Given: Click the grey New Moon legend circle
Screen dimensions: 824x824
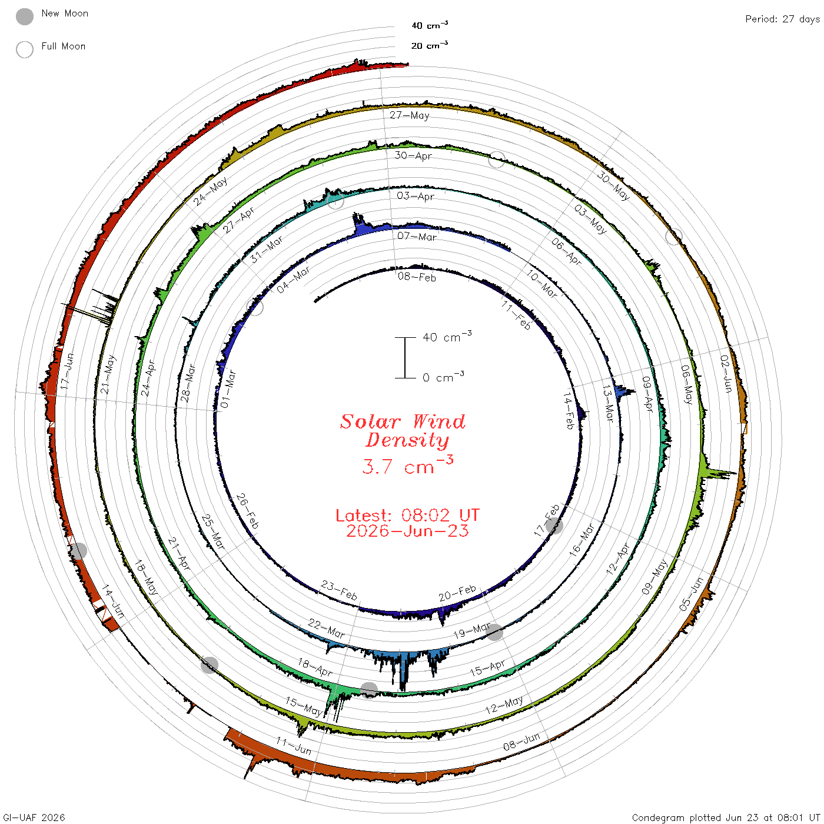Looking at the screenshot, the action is [x=25, y=16].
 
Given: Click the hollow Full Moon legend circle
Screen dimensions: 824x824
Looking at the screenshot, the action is [x=25, y=49].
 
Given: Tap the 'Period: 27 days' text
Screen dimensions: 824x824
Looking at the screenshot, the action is [x=782, y=19].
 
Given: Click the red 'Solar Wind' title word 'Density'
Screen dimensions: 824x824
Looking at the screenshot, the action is [x=407, y=440].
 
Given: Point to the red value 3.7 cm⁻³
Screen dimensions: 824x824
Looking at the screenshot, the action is [x=407, y=465].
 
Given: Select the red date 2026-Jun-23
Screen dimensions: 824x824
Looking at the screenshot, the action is [x=407, y=531].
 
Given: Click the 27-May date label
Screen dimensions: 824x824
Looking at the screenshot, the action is [x=409, y=115].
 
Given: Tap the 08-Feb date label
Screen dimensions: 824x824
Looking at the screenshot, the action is [x=417, y=277].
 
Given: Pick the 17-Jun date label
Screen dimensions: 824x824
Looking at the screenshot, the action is [x=67, y=371].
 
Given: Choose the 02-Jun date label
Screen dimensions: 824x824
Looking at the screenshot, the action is [x=726, y=374].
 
